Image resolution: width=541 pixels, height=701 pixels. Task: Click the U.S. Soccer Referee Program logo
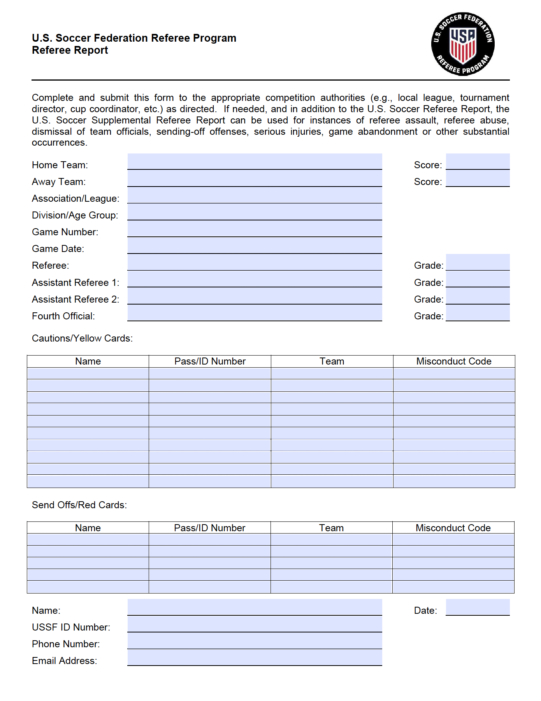(x=463, y=44)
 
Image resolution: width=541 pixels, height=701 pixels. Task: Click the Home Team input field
(x=255, y=162)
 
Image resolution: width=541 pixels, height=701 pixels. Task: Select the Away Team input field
(x=255, y=179)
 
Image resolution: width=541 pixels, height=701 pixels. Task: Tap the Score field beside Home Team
(x=478, y=162)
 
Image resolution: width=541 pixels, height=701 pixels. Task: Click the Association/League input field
(x=255, y=196)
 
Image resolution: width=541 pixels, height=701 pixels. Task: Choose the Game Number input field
(x=255, y=229)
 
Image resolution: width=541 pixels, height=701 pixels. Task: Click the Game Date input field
(x=255, y=246)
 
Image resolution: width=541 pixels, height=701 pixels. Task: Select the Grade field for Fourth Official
(x=478, y=313)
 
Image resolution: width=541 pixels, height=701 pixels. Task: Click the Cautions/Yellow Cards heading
(x=82, y=338)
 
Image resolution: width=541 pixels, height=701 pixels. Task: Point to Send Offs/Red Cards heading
(x=79, y=505)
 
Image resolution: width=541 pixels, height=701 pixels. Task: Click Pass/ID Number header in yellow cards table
(x=210, y=361)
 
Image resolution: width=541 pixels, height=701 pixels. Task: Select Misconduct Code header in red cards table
(x=453, y=528)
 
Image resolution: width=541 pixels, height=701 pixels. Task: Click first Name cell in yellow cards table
(x=88, y=373)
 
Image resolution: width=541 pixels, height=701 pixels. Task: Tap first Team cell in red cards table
(x=331, y=540)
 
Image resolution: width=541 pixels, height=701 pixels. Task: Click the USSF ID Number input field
(x=255, y=624)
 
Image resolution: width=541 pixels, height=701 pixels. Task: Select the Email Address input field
(x=255, y=658)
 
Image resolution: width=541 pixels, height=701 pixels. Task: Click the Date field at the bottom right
(x=478, y=608)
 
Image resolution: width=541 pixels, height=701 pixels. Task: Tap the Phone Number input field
(x=255, y=641)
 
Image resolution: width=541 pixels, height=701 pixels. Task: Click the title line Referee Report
(x=70, y=50)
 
